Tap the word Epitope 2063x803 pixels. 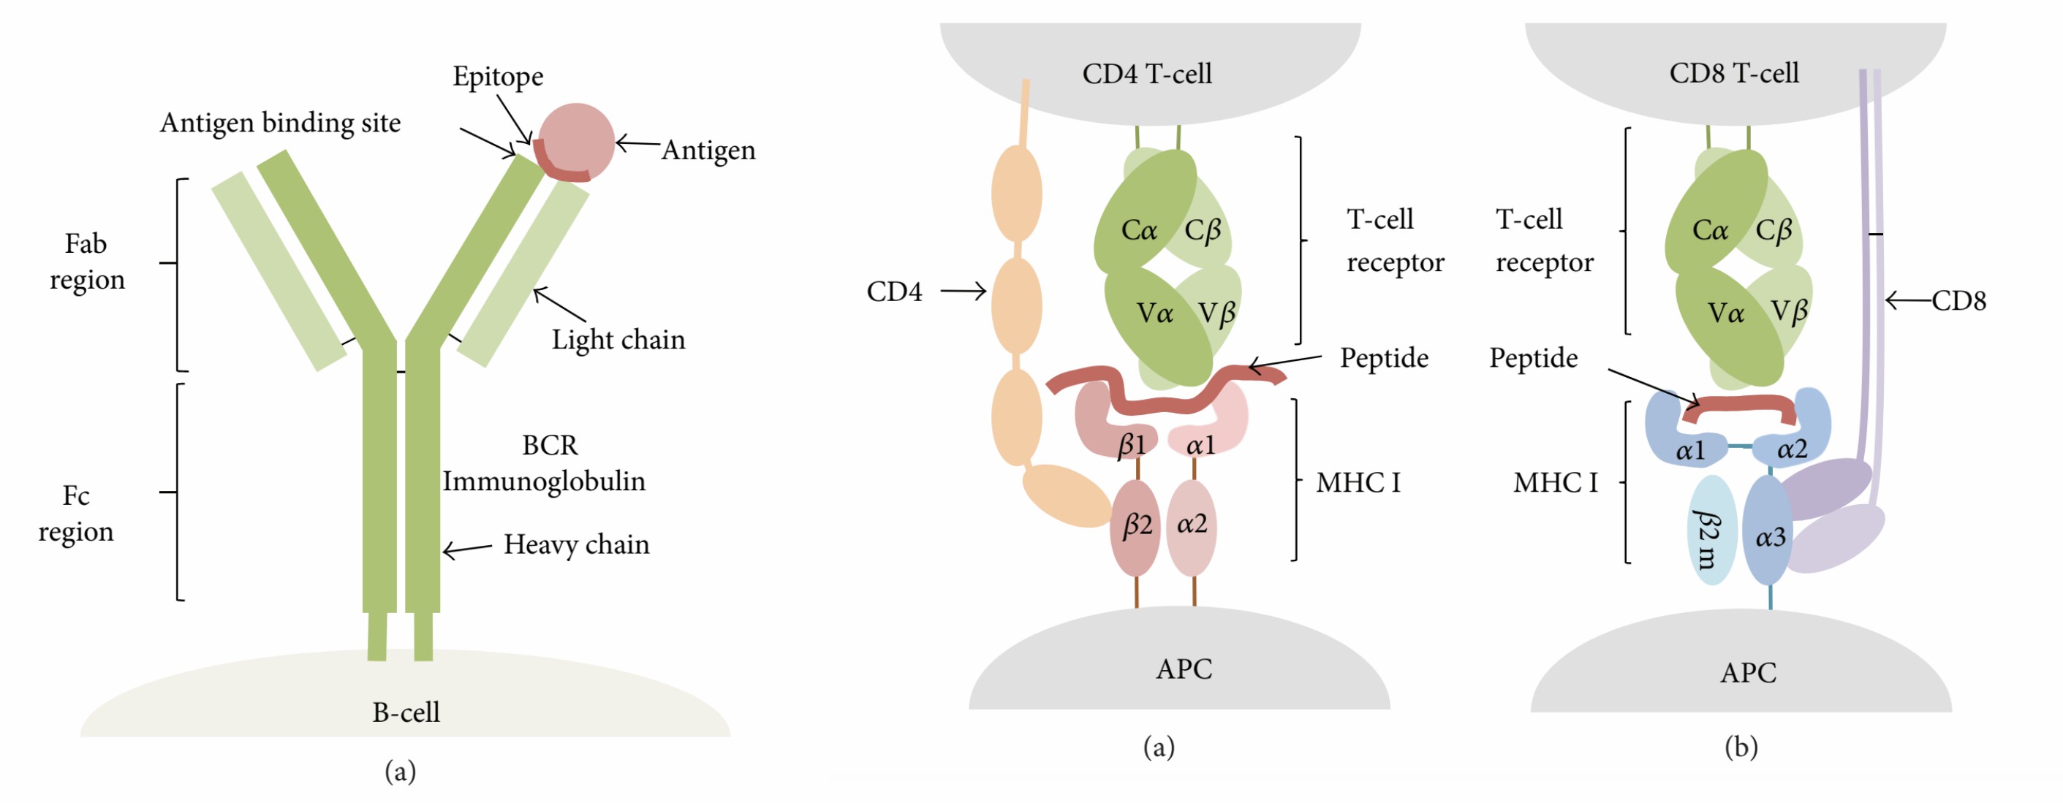497,76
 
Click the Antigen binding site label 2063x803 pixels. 280,123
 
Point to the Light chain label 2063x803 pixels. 618,340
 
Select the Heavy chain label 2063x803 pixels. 576,544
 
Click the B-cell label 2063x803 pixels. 405,712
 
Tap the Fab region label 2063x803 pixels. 86,261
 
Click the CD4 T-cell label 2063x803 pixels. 1146,74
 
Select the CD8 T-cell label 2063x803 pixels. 1733,73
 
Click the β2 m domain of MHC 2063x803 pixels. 1711,530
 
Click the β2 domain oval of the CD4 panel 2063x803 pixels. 1135,527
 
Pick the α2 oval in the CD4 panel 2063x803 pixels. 1192,525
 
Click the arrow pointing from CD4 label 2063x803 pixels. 963,292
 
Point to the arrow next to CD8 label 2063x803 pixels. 1907,301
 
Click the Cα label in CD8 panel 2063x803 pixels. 1709,231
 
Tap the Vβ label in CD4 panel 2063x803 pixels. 1216,312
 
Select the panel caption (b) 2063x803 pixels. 1741,747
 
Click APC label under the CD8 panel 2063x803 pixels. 1747,672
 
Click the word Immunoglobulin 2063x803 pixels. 544,482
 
